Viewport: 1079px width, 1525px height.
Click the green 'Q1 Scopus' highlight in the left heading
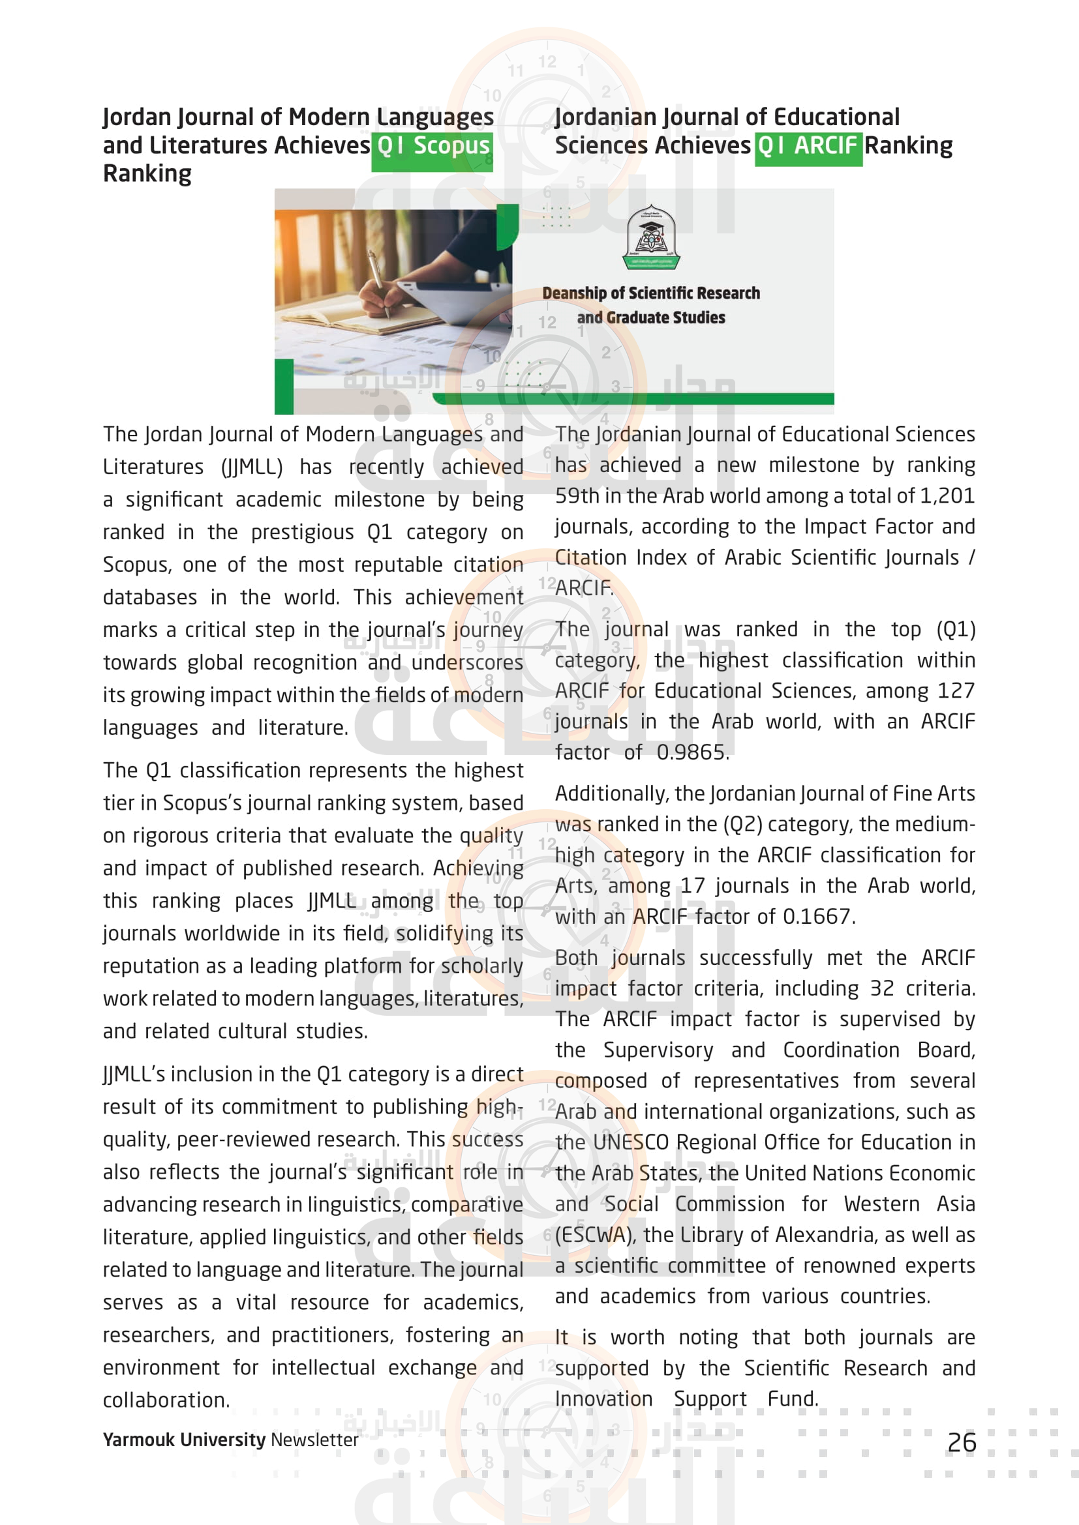coord(433,146)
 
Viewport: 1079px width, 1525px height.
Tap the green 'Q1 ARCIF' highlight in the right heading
coord(808,145)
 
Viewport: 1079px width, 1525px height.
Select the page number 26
coord(962,1443)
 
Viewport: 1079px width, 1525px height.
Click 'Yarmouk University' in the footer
coord(184,1440)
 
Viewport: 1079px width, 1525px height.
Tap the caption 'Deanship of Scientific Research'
coord(650,293)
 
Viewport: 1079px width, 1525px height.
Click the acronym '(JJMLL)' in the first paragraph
coord(252,467)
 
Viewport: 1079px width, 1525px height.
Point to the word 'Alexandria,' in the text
coord(826,1235)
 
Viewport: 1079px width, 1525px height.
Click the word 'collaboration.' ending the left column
coord(166,1400)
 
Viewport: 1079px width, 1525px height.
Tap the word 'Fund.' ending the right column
coord(793,1399)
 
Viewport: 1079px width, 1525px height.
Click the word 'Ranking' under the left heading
coord(147,174)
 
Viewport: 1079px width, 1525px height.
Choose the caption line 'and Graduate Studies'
coord(650,318)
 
